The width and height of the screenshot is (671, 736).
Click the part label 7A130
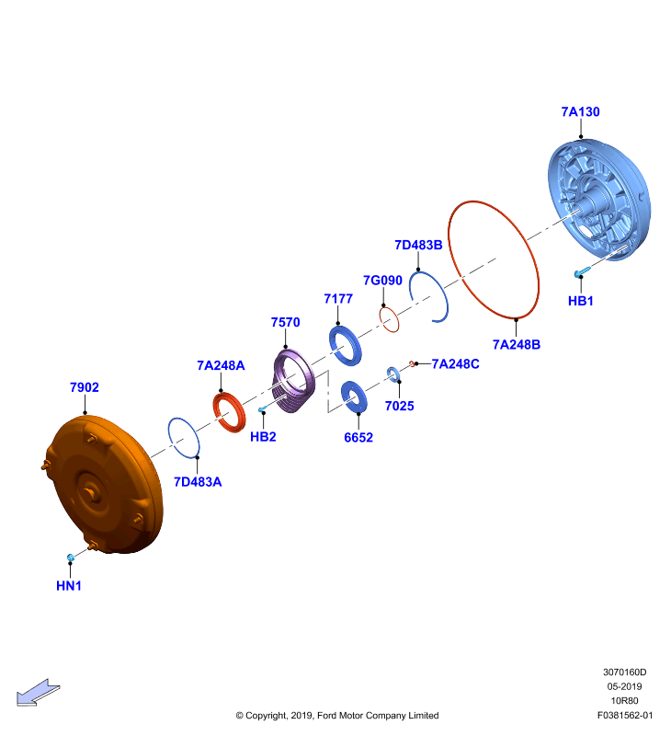pos(580,111)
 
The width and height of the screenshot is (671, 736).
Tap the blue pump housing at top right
pos(598,199)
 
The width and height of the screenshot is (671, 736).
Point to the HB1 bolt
pos(582,271)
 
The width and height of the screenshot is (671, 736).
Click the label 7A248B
pos(517,344)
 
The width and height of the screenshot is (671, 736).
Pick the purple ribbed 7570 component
pos(293,381)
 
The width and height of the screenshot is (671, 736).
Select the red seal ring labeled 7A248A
pos(229,412)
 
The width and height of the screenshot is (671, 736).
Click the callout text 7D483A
pos(198,482)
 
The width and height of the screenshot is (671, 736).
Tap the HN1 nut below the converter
pos(71,558)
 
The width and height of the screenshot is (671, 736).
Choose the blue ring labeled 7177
pos(345,345)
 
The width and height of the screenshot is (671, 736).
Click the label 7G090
pos(382,281)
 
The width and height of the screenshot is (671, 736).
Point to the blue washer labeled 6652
pos(353,397)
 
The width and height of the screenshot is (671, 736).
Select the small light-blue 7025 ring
pos(392,374)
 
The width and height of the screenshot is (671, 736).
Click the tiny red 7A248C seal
pos(412,363)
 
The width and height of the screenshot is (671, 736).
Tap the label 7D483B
pos(418,245)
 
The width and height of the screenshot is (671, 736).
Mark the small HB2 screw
pos(262,409)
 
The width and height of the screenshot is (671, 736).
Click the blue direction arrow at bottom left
pos(38,693)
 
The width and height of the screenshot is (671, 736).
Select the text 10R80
pos(624,701)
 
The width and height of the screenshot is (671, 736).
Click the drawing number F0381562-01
pos(624,716)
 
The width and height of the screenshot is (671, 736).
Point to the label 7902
pos(85,387)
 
